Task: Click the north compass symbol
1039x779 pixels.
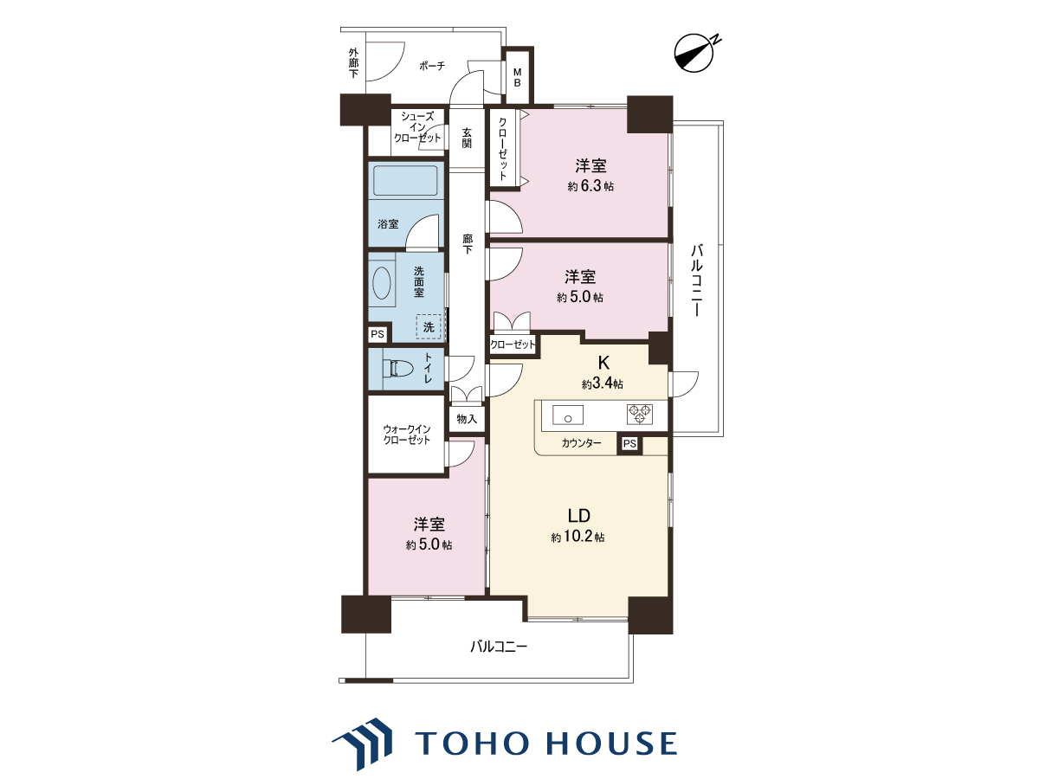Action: (x=694, y=53)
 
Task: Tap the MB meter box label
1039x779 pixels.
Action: (x=518, y=78)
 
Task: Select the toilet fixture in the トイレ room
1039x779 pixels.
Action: (x=397, y=369)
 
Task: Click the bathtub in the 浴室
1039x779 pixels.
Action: (x=405, y=180)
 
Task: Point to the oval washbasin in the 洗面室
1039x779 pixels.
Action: (x=382, y=283)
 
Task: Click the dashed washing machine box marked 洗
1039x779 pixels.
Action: (x=429, y=327)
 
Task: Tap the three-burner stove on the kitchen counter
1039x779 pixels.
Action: (x=640, y=414)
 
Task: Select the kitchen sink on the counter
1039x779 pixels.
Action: (x=568, y=415)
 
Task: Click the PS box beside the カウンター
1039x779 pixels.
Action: (x=629, y=444)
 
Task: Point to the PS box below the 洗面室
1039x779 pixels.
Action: (x=378, y=334)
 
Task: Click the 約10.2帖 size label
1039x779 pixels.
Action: (x=578, y=537)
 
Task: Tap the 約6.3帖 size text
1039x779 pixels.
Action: (x=590, y=186)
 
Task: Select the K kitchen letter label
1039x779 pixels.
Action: (x=603, y=363)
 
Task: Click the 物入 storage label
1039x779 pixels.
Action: (x=467, y=419)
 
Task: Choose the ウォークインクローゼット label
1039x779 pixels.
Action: (x=407, y=435)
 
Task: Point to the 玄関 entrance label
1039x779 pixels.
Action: (x=468, y=138)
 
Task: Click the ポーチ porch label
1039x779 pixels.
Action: (x=432, y=66)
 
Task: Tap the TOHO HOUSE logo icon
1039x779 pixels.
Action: (x=363, y=744)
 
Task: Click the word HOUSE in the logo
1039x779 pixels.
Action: (x=611, y=744)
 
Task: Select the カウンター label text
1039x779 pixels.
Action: (x=581, y=443)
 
